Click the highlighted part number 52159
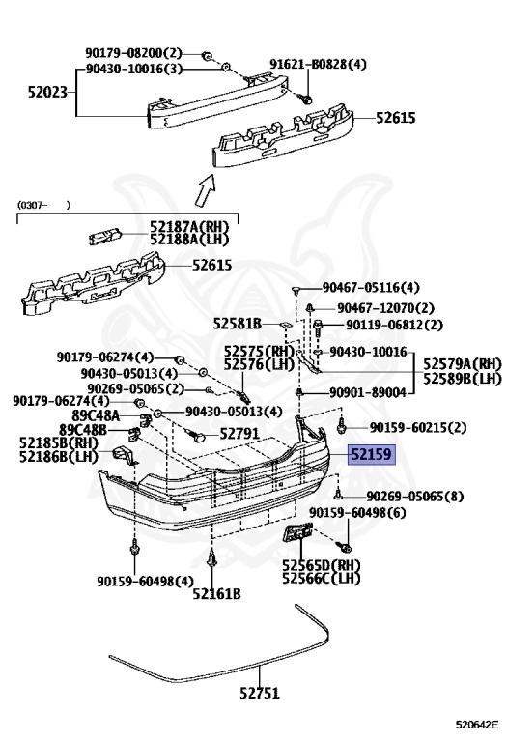[371, 455]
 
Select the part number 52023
[47, 92]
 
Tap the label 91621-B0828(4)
[318, 64]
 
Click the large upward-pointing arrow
[207, 189]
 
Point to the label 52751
[260, 694]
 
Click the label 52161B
[216, 594]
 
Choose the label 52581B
[237, 324]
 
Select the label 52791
[239, 434]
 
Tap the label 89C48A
[96, 416]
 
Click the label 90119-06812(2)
[394, 325]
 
